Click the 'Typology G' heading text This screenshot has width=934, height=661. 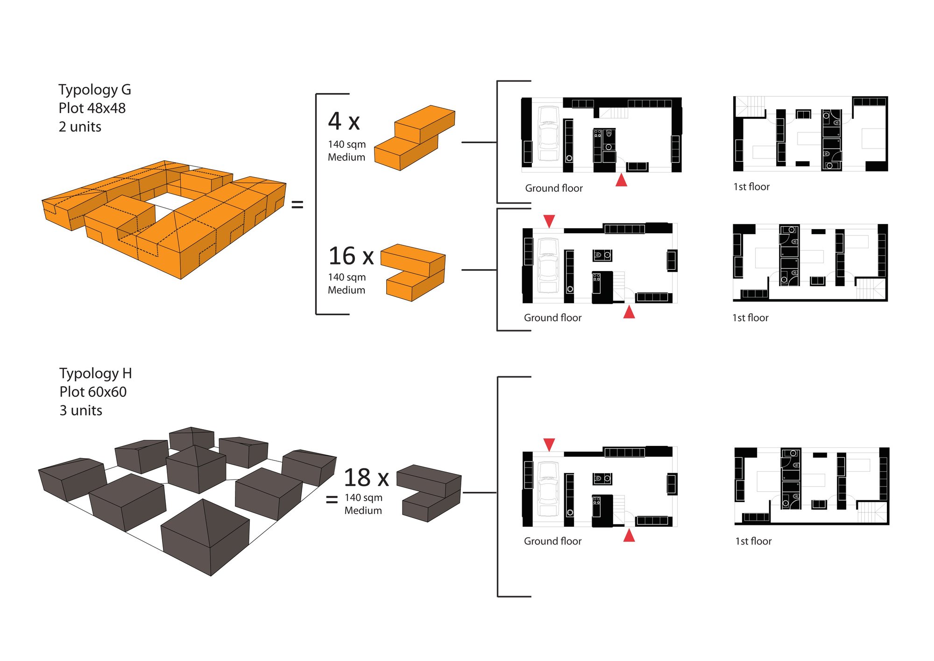coord(94,89)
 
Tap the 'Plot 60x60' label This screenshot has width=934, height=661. coord(93,392)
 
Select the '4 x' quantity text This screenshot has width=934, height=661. coord(344,122)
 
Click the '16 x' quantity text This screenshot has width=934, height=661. coord(351,256)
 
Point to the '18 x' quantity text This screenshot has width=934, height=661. coord(366,478)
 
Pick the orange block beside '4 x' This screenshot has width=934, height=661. coord(414,138)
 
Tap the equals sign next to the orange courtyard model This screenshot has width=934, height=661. coord(297,204)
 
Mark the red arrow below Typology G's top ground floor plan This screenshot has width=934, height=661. coord(621,180)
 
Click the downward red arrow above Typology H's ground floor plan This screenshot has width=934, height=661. coord(549,444)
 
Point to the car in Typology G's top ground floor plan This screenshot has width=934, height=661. coord(548,134)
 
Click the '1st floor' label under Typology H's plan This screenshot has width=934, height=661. coord(753,541)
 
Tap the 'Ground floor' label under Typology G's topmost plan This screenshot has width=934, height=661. coord(554,188)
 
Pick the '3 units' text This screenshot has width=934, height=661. coord(81,410)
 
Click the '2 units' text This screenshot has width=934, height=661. coord(80,127)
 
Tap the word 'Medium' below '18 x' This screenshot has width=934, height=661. coord(363,510)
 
